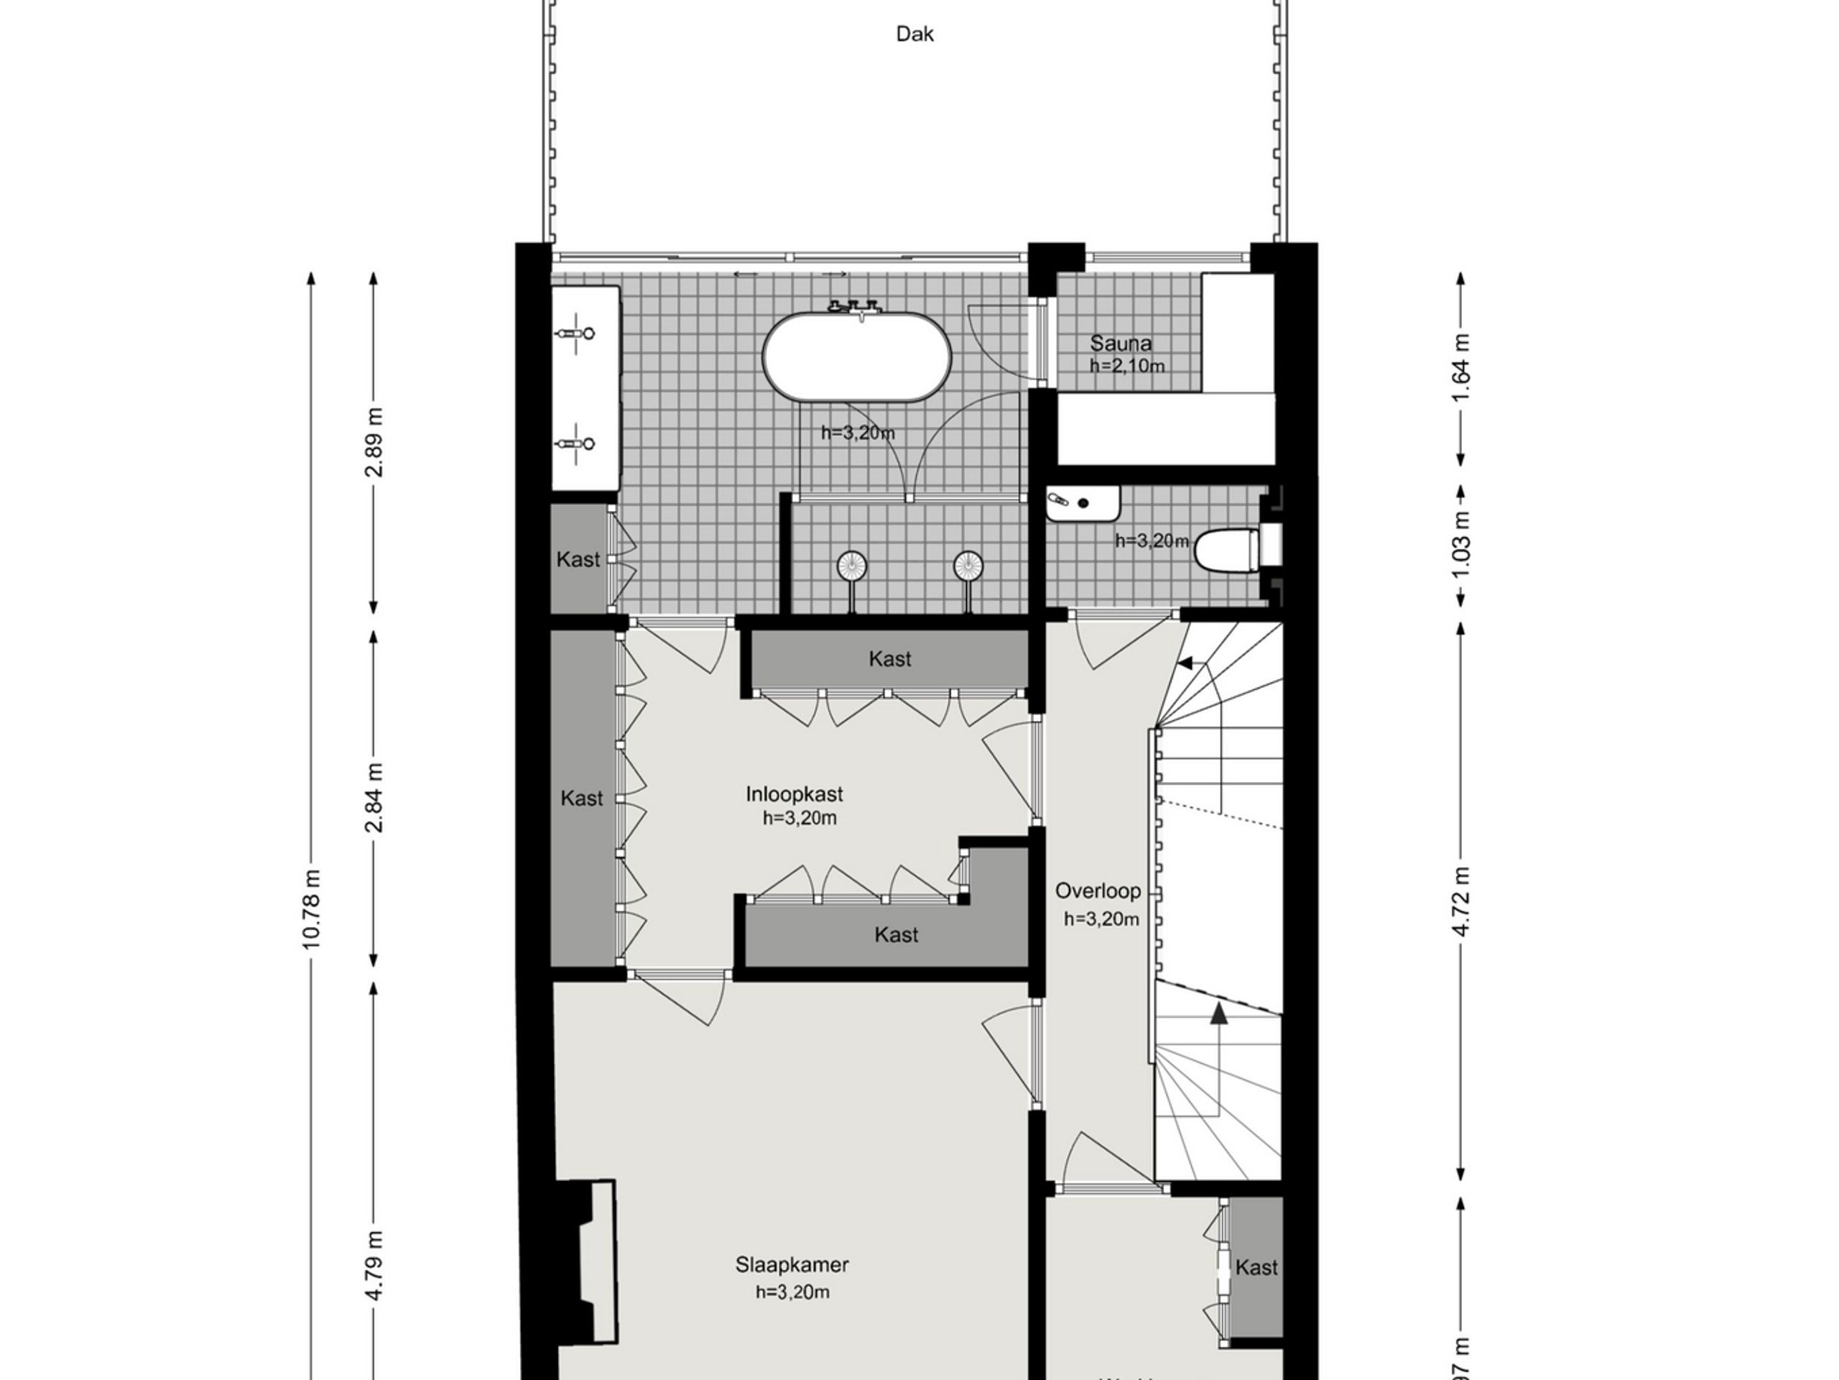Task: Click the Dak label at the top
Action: click(914, 34)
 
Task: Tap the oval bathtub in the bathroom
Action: click(857, 358)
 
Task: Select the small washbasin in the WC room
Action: click(1082, 503)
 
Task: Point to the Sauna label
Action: click(1121, 343)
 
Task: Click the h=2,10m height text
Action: click(1126, 366)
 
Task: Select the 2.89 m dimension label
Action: click(375, 442)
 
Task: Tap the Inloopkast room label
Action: click(794, 793)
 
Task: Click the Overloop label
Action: click(1098, 891)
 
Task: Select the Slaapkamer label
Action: click(792, 1265)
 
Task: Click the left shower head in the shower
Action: click(851, 566)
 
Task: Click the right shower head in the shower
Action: click(968, 566)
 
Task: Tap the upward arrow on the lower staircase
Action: click(1219, 1014)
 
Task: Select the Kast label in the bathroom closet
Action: click(578, 560)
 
